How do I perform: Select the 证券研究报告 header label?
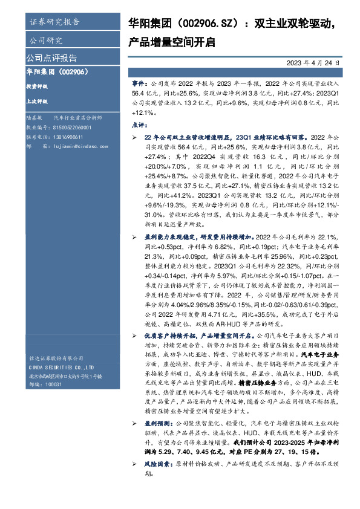[x=54, y=22]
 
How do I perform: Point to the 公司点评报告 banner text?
[x=51, y=59]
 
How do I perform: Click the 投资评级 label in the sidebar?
[x=36, y=86]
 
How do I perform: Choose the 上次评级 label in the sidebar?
[x=36, y=102]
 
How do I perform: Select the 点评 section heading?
[x=138, y=125]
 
